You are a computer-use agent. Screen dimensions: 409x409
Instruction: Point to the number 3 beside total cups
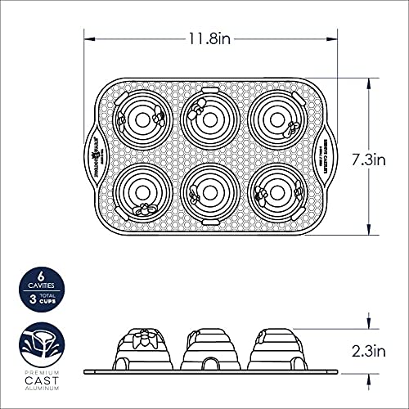pos(25,299)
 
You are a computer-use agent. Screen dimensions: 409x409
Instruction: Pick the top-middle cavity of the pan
pos(210,119)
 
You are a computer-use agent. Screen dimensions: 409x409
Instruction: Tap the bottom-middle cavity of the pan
pos(210,196)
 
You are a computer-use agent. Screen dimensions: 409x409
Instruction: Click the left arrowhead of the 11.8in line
pos(88,38)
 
